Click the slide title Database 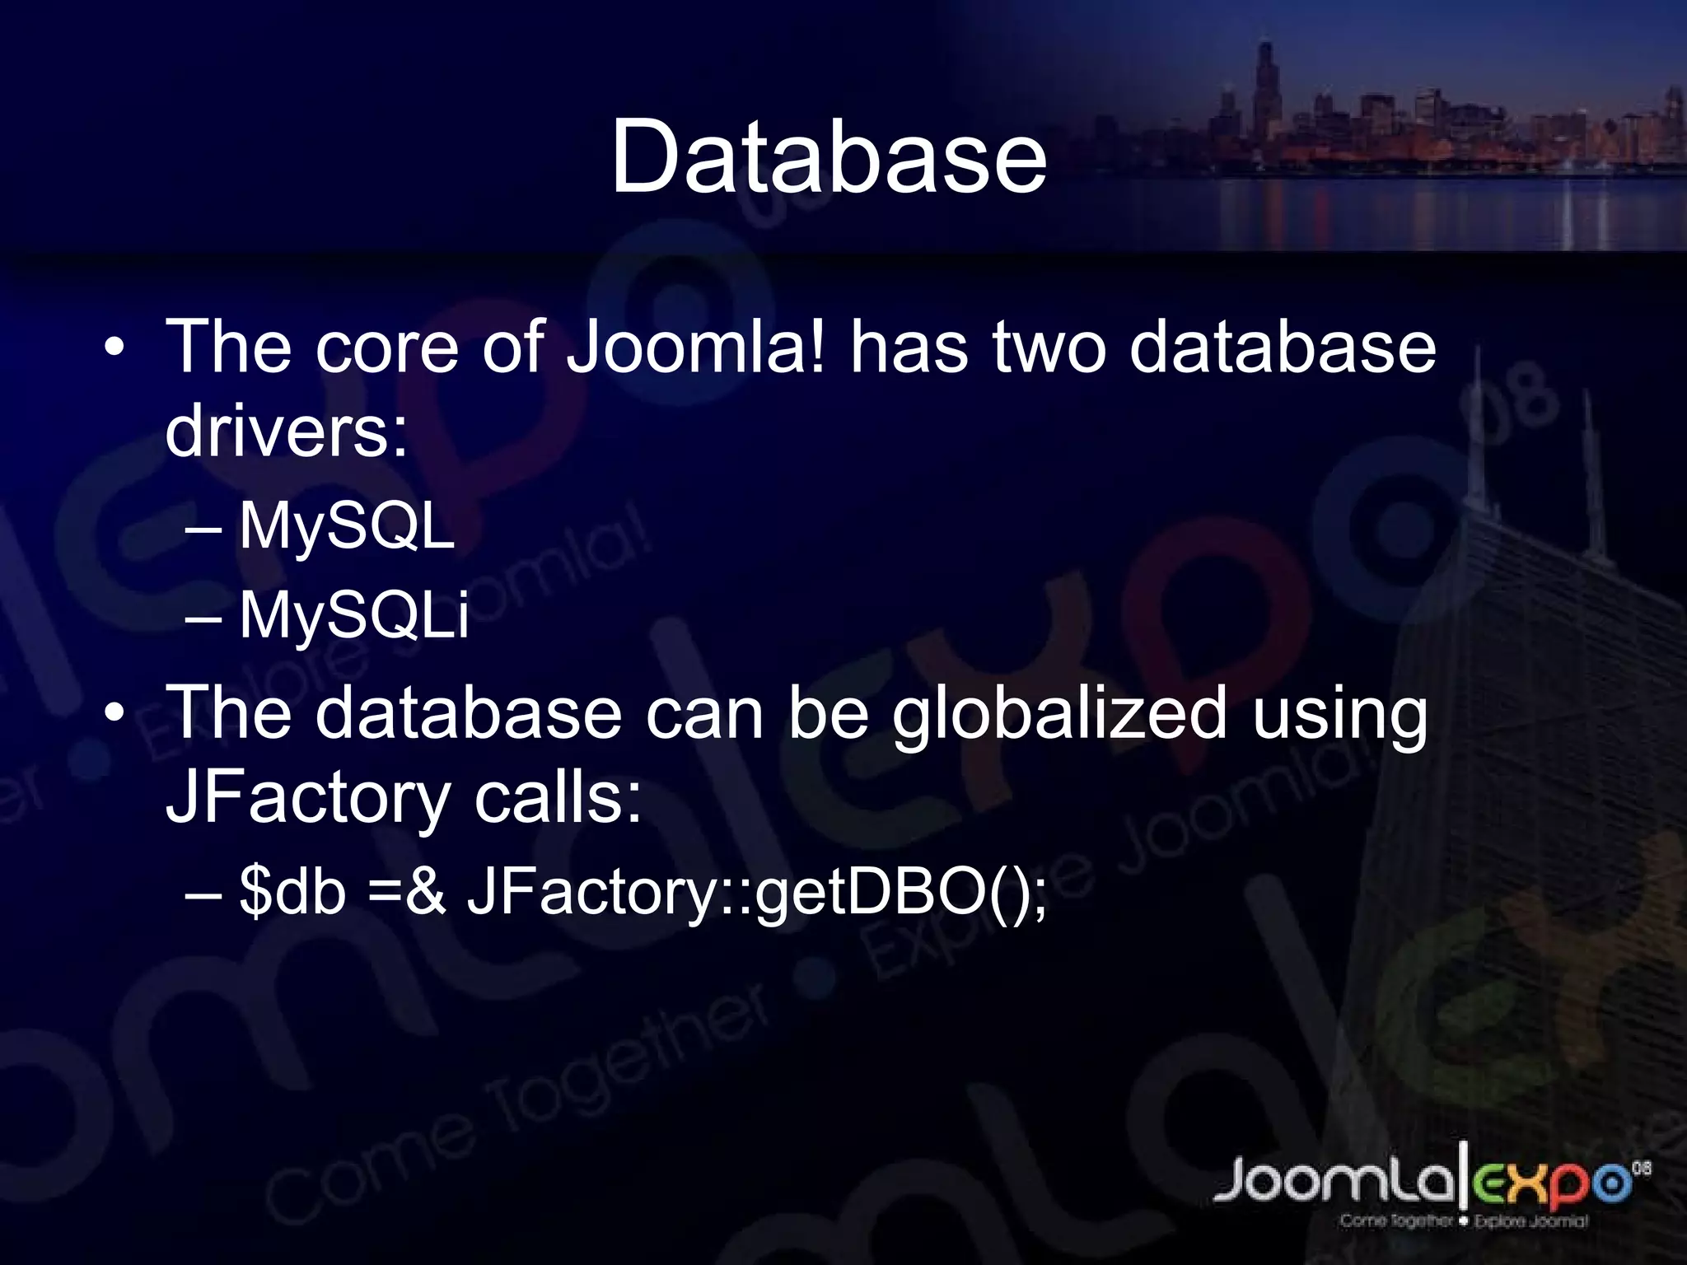click(828, 157)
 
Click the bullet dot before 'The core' click(114, 347)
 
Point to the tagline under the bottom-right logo click(1463, 1221)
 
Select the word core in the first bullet click(386, 347)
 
